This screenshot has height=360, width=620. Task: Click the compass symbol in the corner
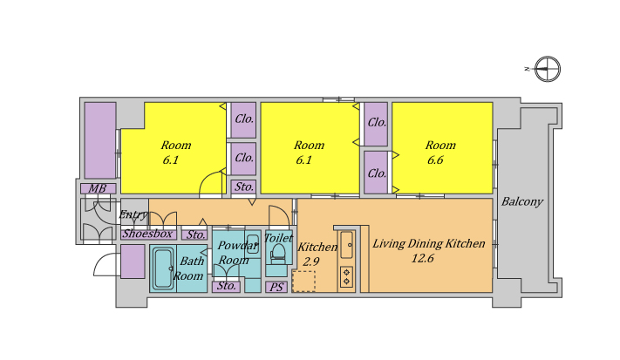tap(548, 69)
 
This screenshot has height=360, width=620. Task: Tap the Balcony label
tap(522, 202)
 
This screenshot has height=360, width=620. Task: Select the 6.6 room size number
tap(435, 160)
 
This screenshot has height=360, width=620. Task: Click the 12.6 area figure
tap(422, 258)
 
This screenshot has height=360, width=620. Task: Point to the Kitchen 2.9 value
tap(311, 262)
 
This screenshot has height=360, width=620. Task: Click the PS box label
tap(276, 288)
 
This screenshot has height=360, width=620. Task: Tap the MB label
tap(98, 189)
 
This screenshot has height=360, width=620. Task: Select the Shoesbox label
tap(147, 234)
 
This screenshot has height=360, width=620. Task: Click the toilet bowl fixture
tap(278, 253)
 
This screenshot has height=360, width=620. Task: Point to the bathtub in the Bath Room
tap(163, 268)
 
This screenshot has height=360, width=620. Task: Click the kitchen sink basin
tap(347, 245)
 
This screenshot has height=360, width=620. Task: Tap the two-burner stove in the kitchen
tap(347, 276)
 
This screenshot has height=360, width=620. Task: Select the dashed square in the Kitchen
tap(303, 282)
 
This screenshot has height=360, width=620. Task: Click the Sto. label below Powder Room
tap(226, 286)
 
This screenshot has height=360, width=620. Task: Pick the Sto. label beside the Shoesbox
tap(195, 234)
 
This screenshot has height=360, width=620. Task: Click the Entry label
tap(133, 215)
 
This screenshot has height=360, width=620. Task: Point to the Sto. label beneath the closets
tap(244, 187)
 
